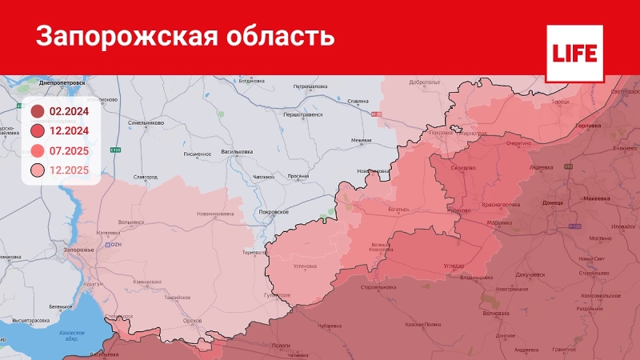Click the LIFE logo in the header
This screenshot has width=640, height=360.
[574, 53]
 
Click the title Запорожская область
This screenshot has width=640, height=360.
[185, 37]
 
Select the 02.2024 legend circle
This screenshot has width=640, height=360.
[38, 112]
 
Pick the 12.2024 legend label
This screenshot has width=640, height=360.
[69, 131]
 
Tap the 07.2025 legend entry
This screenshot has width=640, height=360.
[69, 150]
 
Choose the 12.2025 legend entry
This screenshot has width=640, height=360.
[69, 170]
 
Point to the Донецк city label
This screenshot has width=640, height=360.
[553, 203]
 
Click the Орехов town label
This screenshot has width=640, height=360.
[192, 321]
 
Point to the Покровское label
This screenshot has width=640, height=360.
[274, 211]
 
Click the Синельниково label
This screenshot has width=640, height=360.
[146, 123]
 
